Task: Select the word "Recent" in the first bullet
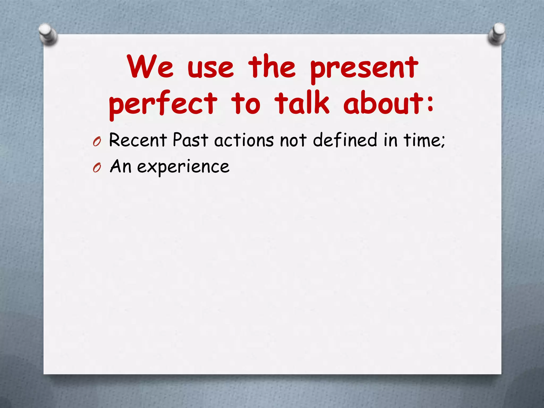point(138,140)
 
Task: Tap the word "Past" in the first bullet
point(190,140)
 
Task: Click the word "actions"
point(244,140)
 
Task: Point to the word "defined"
point(345,140)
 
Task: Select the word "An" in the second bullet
point(121,166)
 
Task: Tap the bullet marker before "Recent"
point(97,142)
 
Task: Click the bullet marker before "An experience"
point(97,168)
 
